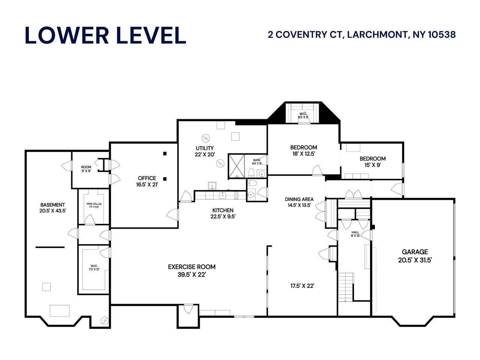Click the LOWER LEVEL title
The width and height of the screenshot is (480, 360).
pos(105,35)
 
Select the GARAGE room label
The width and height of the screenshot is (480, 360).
pos(415,252)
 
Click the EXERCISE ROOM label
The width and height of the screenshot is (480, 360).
pos(192,267)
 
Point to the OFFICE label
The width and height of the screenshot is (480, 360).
pos(147,178)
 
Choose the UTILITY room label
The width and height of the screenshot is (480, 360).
pos(205,148)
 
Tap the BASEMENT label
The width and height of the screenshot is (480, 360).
pos(52,205)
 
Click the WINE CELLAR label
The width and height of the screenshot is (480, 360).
pos(94,204)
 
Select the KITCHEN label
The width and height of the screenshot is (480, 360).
pos(223,210)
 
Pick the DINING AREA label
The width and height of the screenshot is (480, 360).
pos(299,199)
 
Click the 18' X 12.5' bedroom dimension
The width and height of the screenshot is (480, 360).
pos(303,154)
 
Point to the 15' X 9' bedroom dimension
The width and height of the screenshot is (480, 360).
pos(373,165)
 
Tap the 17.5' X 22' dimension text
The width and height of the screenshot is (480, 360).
pos(302,286)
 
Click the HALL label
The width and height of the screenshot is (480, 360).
pos(355,232)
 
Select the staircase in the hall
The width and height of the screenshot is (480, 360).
pos(346,287)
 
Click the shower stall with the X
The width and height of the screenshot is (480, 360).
pos(236,166)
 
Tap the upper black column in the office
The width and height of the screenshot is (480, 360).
pos(165,154)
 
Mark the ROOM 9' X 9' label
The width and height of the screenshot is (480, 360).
pos(86,169)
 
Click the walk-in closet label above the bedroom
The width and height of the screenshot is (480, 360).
pos(303,115)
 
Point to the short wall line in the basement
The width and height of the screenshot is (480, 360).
pos(50,247)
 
